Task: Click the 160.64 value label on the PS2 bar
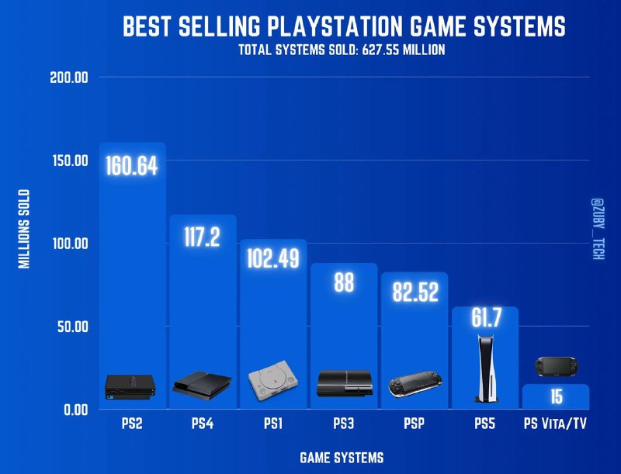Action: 132,167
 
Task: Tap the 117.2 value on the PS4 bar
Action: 203,237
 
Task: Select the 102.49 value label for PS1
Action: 273,258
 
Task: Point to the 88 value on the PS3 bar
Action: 344,283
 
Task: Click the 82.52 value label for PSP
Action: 414,292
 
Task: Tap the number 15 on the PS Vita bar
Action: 556,396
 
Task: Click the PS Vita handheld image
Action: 556,366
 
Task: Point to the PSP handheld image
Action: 415,385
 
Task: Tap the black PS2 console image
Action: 131,384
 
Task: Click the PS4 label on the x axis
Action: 203,424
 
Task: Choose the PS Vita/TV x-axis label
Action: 556,424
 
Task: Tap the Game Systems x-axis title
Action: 342,458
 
